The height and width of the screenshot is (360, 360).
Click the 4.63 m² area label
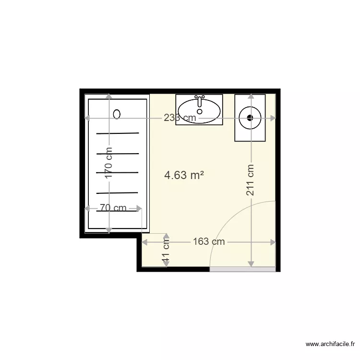pyautogui.click(x=184, y=176)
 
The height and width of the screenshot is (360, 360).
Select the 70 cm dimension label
pyautogui.click(x=113, y=208)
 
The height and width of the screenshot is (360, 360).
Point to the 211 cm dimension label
pyautogui.click(x=251, y=180)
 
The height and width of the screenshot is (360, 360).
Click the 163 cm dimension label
pyautogui.click(x=209, y=242)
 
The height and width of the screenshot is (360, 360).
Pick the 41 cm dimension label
pyautogui.click(x=167, y=255)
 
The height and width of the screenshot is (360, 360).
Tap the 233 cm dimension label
pyautogui.click(x=180, y=118)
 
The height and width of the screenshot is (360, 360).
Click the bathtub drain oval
pyautogui.click(x=117, y=114)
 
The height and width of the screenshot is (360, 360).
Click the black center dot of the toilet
pyautogui.click(x=250, y=117)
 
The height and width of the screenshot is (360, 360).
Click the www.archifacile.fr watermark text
pyautogui.click(x=331, y=344)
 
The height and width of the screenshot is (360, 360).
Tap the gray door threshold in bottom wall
pyautogui.click(x=242, y=269)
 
